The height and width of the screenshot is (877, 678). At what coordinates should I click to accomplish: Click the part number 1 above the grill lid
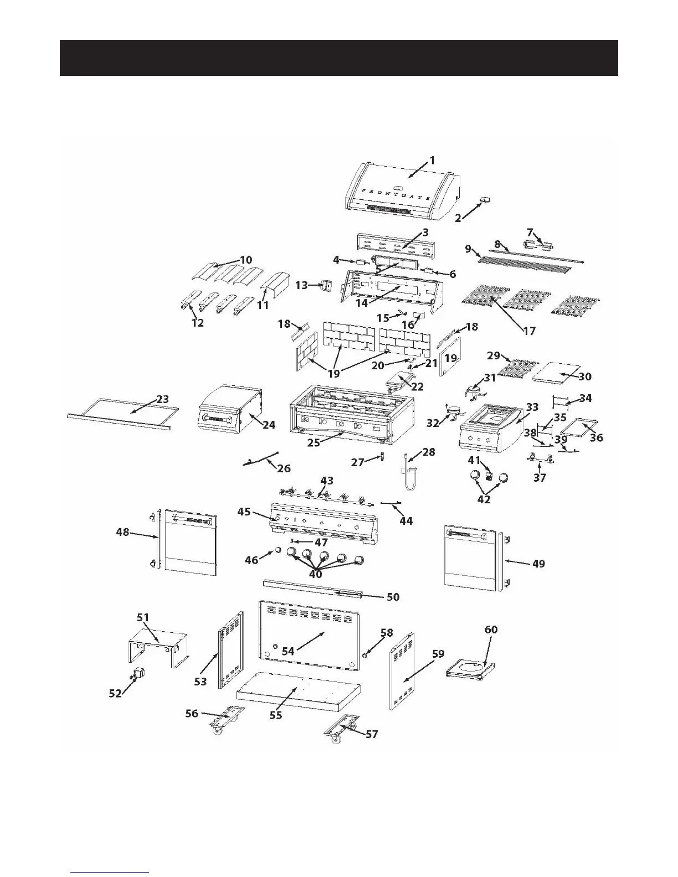(x=433, y=160)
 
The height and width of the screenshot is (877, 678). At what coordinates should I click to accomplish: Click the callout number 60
(x=491, y=630)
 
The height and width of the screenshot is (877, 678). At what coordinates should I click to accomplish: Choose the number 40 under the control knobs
(x=316, y=574)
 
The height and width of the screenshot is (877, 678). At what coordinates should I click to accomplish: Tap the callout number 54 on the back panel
(x=288, y=652)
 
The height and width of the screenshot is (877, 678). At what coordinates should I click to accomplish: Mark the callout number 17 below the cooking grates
(x=529, y=331)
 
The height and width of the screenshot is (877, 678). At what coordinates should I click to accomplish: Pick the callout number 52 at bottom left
(x=115, y=693)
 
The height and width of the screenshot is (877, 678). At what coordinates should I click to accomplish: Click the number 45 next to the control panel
(x=244, y=512)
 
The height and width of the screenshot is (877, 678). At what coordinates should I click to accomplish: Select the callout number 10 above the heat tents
(x=245, y=259)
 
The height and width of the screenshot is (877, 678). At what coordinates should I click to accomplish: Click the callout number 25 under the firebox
(x=314, y=443)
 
